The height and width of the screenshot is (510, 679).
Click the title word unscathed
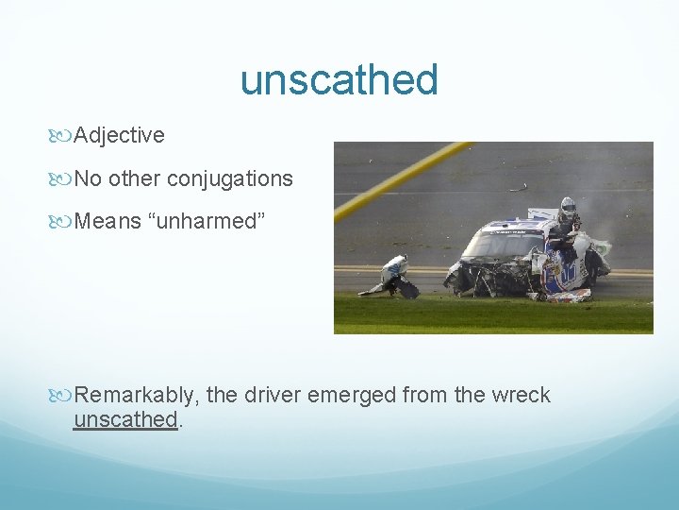click(x=339, y=80)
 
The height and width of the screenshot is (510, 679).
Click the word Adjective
click(x=119, y=136)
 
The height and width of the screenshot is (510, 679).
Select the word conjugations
click(x=230, y=178)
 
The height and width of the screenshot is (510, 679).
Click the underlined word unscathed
click(x=125, y=419)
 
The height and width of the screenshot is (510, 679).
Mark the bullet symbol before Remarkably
click(x=63, y=396)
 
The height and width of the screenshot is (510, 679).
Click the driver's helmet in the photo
click(x=568, y=207)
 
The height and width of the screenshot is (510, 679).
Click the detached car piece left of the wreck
click(x=393, y=277)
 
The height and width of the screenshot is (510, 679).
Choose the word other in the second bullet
click(x=135, y=178)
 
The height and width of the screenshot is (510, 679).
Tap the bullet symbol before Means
click(x=63, y=222)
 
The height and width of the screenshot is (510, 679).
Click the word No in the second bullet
click(x=88, y=178)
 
